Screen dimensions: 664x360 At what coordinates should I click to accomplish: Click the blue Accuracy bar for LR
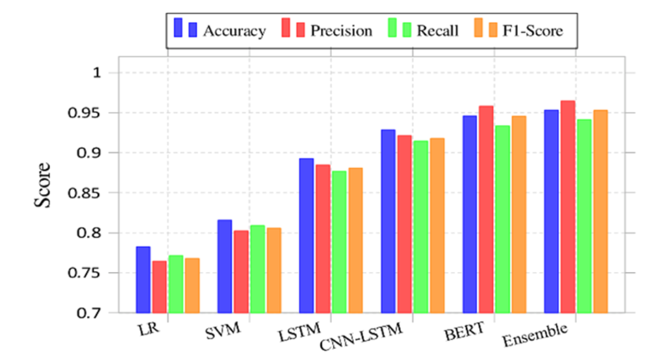pyautogui.click(x=143, y=280)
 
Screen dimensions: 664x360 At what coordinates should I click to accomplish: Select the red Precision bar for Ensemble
pyautogui.click(x=568, y=207)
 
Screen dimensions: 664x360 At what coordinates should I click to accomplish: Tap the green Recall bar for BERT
pyautogui.click(x=503, y=219)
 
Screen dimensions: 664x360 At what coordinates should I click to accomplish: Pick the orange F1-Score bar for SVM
pyautogui.click(x=274, y=270)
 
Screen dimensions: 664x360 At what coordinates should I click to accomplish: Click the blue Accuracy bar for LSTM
pyautogui.click(x=306, y=236)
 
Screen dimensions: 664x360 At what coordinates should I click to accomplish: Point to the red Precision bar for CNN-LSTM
pyautogui.click(x=405, y=224)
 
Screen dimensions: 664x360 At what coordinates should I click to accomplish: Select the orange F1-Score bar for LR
pyautogui.click(x=192, y=285)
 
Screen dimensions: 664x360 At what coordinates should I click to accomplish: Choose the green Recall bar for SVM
pyautogui.click(x=258, y=269)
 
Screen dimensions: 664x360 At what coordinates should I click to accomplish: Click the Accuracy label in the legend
pyautogui.click(x=234, y=31)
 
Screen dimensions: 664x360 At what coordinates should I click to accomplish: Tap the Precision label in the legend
pyautogui.click(x=341, y=30)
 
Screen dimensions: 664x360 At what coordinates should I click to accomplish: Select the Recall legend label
pyautogui.click(x=437, y=30)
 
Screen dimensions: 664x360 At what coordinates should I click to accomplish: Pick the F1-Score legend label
pyautogui.click(x=532, y=30)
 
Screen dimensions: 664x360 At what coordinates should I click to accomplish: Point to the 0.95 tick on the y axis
pyautogui.click(x=87, y=113)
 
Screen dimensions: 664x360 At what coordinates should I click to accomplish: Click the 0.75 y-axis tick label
pyautogui.click(x=87, y=273)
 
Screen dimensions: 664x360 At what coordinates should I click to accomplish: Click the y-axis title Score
pyautogui.click(x=42, y=185)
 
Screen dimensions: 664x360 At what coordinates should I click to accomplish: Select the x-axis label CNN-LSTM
pyautogui.click(x=361, y=337)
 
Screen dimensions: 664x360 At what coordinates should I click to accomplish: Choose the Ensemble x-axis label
pyautogui.click(x=535, y=335)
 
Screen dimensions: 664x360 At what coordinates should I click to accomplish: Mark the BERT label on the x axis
pyautogui.click(x=464, y=331)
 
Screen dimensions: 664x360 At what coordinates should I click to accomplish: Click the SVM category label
pyautogui.click(x=223, y=331)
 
